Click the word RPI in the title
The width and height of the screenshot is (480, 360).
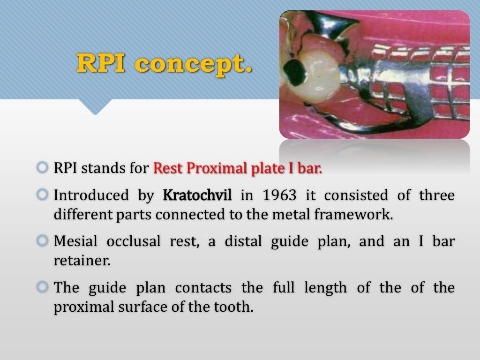pos(101,63)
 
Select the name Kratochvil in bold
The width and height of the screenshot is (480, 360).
pos(197,195)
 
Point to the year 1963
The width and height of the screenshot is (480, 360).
pos(280,195)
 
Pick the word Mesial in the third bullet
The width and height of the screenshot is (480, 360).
pos(75,241)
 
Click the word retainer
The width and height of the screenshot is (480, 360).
pos(82,261)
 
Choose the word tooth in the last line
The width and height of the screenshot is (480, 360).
pos(236,307)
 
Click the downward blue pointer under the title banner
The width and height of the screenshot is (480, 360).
pos(96,107)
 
